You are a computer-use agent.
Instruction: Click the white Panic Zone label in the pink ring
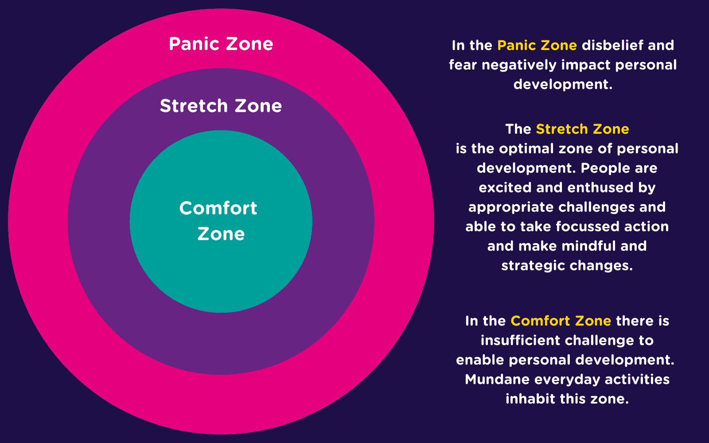[x=221, y=44]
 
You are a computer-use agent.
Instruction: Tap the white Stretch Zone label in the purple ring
[x=221, y=106]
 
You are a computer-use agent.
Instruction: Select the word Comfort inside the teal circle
[x=218, y=208]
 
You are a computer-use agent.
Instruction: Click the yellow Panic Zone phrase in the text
[x=537, y=45]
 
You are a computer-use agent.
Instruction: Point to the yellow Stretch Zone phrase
[x=582, y=129]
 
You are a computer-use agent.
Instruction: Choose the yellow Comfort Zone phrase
[x=561, y=321]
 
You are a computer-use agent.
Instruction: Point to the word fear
[x=463, y=65]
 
